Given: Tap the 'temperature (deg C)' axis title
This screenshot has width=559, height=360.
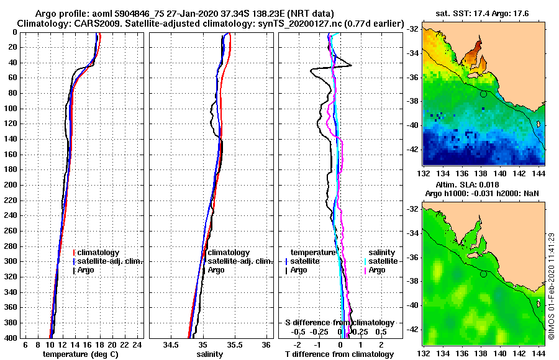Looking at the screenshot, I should click(80, 354).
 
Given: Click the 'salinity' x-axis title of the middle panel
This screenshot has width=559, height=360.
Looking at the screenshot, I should click(209, 354).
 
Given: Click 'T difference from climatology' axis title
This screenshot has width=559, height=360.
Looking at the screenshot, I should click(340, 354).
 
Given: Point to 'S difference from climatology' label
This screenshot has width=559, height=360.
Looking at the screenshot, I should click(340, 323).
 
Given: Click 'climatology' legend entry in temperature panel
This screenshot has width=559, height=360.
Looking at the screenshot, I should click(99, 253).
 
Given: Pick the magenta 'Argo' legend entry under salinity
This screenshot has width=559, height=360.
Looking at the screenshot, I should click(377, 270).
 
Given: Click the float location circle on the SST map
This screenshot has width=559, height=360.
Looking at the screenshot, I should click(483, 94).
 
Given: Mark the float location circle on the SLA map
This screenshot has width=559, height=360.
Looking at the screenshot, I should click(483, 274).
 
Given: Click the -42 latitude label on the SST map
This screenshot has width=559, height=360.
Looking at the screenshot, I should click(412, 150).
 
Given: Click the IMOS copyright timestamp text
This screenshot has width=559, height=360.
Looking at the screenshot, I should click(552, 286).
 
